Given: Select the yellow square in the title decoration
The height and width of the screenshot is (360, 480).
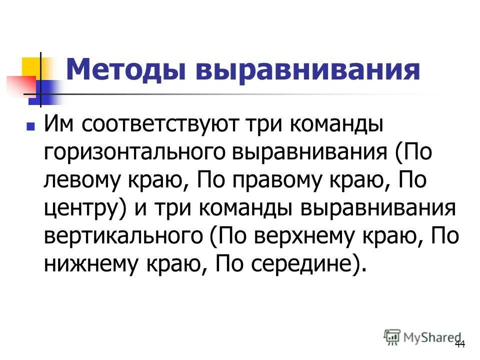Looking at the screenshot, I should click(x=31, y=68).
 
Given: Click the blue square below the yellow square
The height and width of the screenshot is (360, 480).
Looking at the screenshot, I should click(x=41, y=92).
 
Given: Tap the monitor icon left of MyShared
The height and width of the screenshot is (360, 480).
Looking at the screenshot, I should click(x=392, y=336).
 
